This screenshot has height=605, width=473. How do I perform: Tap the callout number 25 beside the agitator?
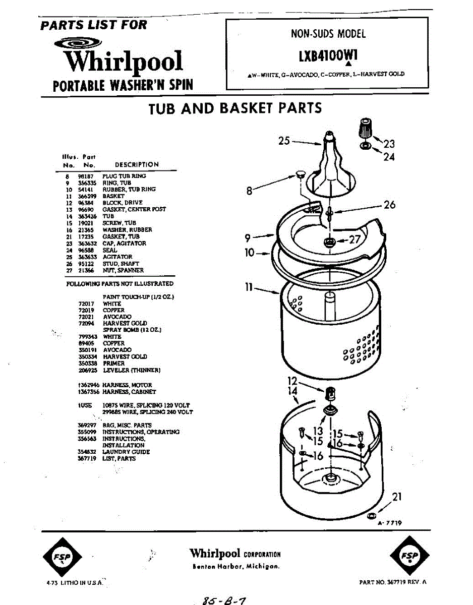click(284, 141)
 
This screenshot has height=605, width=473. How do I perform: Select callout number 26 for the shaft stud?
click(389, 205)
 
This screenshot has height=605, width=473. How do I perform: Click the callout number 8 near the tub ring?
click(249, 191)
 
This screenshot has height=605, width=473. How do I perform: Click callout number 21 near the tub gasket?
click(397, 497)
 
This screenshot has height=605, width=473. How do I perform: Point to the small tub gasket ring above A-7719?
click(371, 516)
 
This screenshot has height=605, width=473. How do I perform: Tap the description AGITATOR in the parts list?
click(117, 257)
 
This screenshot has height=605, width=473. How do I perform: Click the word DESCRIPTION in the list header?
click(137, 164)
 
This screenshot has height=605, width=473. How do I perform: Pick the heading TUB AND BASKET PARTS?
click(235, 108)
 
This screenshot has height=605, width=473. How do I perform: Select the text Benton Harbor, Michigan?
click(235, 566)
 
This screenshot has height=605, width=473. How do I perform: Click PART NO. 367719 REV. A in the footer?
click(393, 582)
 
